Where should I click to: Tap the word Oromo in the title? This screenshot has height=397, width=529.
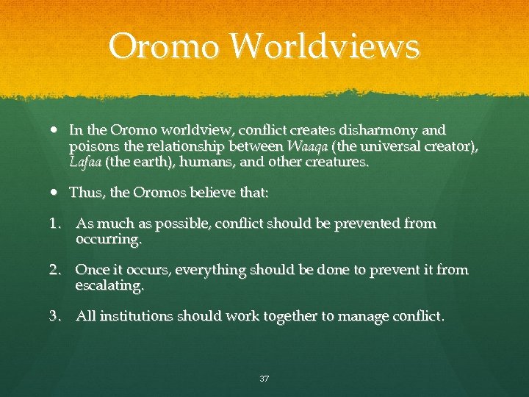click(x=162, y=47)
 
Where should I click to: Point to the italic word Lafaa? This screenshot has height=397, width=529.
click(x=85, y=162)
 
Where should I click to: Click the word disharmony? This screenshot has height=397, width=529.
click(x=369, y=130)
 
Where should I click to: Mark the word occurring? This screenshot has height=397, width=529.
click(x=108, y=240)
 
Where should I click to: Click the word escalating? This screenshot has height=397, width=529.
click(x=109, y=285)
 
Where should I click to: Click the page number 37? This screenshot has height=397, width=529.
click(x=264, y=379)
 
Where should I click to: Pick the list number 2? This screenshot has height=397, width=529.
click(x=55, y=270)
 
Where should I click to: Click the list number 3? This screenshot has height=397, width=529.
click(x=55, y=317)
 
